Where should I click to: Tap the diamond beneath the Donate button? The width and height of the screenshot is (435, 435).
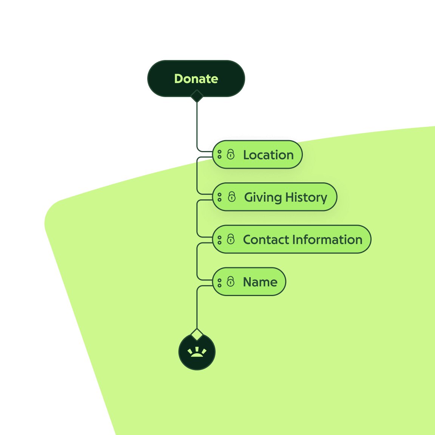point(197,96)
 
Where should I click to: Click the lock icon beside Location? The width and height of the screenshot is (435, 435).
point(231,154)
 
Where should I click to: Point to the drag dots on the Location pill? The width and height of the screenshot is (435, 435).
point(220,154)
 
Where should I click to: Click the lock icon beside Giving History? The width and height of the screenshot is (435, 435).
point(232,197)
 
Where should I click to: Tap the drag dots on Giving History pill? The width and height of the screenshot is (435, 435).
point(220,197)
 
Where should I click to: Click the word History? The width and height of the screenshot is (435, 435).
point(306,197)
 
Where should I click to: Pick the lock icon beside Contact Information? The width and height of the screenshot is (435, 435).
point(231,239)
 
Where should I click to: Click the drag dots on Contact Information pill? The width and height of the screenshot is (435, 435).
point(220,239)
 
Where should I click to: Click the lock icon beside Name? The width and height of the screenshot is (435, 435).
point(231,282)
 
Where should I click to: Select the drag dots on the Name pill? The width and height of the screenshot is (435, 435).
point(220,282)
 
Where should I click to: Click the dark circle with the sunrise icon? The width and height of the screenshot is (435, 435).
point(197,352)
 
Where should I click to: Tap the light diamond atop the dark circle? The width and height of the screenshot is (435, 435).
point(197,334)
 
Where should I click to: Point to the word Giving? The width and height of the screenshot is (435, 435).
point(263,197)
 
